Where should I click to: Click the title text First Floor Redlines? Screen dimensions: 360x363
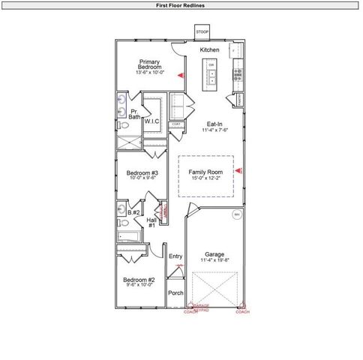pyautogui.click(x=181, y=5)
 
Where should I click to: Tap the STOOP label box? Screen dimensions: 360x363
pyautogui.click(x=202, y=32)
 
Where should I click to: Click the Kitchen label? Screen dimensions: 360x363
pyautogui.click(x=209, y=49)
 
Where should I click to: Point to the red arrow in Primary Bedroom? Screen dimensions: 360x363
pyautogui.click(x=180, y=76)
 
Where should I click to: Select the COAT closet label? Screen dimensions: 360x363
pyautogui.click(x=176, y=124)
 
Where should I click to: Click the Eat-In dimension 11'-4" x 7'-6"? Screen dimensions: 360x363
pyautogui.click(x=214, y=130)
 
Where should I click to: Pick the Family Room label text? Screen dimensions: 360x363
pyautogui.click(x=205, y=172)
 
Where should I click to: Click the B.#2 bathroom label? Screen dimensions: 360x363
pyautogui.click(x=133, y=213)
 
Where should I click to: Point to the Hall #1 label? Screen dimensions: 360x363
pyautogui.click(x=151, y=222)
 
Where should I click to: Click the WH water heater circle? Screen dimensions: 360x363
pyautogui.click(x=237, y=214)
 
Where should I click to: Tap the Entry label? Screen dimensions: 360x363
pyautogui.click(x=175, y=256)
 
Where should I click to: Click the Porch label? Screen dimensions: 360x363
pyautogui.click(x=175, y=293)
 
